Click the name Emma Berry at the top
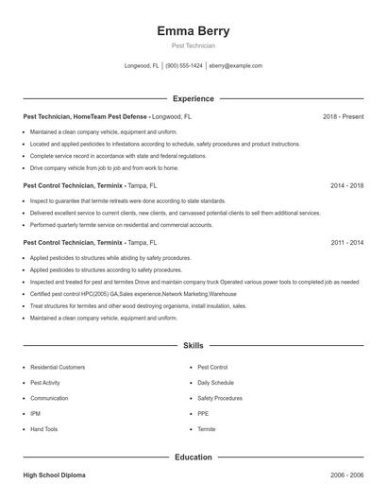pyautogui.click(x=193, y=31)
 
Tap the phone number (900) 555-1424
pyautogui.click(x=184, y=66)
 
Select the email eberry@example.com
pyautogui.click(x=235, y=66)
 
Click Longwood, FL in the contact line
pyautogui.click(x=143, y=66)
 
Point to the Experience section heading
pyautogui.click(x=193, y=98)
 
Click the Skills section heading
pyautogui.click(x=193, y=347)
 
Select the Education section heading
pyautogui.click(x=193, y=458)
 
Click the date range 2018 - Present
pyautogui.click(x=343, y=116)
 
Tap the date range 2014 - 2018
pyautogui.click(x=346, y=186)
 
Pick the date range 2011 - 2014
pyautogui.click(x=346, y=243)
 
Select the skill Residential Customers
pyautogui.click(x=58, y=367)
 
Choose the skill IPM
pyautogui.click(x=36, y=413)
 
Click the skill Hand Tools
pyautogui.click(x=43, y=429)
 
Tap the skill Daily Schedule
pyautogui.click(x=215, y=382)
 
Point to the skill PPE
pyautogui.click(x=203, y=413)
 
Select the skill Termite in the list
pyautogui.click(x=207, y=429)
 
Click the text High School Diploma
pyautogui.click(x=56, y=475)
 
